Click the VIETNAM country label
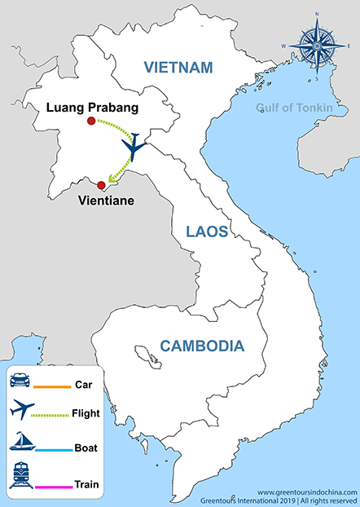point(178,68)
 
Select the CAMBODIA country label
point(201,345)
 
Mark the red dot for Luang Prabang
point(91,122)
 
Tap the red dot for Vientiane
point(101,184)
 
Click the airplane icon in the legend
point(23,412)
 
